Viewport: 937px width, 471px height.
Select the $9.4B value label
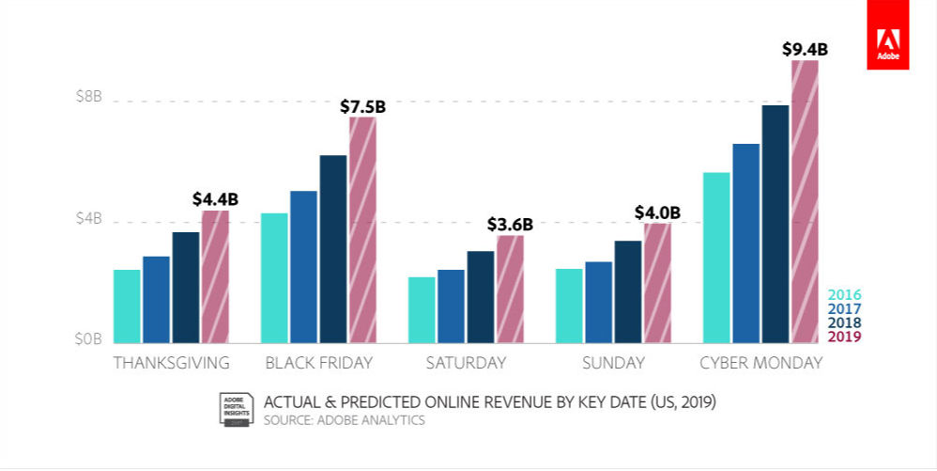tap(805, 49)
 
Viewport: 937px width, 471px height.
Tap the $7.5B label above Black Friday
tap(362, 106)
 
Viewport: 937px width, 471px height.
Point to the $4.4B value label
tap(215, 199)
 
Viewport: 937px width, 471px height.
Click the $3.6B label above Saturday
tap(510, 225)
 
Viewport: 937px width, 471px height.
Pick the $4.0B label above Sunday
tap(656, 212)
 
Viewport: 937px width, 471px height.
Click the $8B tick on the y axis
tap(88, 98)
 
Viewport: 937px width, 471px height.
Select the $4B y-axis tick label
tap(88, 220)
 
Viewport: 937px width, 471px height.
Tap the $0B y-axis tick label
tap(88, 339)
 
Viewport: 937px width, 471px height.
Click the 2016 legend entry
tap(844, 294)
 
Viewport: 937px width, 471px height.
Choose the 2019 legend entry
tap(844, 337)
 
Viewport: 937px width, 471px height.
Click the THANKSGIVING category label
tap(171, 363)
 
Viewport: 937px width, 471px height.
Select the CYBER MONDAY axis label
tap(760, 363)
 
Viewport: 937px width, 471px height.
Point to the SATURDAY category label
tap(466, 363)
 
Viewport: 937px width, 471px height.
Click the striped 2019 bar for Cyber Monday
tap(805, 201)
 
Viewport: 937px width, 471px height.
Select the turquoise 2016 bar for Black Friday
tap(274, 278)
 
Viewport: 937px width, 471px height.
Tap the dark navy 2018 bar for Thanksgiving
tap(185, 288)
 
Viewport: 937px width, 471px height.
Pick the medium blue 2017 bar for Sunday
tap(598, 303)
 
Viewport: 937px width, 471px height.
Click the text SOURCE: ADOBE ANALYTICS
tap(345, 420)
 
